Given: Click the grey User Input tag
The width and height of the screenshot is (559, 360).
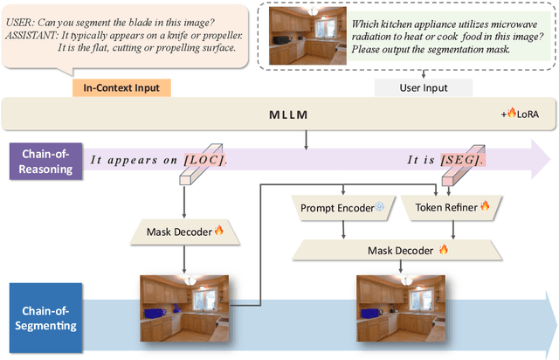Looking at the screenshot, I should coord(423,87).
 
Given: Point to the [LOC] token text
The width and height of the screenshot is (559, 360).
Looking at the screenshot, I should coord(204,160).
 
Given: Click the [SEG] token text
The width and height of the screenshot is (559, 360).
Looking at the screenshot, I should coord(460,160).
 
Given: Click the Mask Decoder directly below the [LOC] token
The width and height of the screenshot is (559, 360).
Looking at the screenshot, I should coord(183,232).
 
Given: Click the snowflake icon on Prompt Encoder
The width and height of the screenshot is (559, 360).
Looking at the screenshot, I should coord(379,208).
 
